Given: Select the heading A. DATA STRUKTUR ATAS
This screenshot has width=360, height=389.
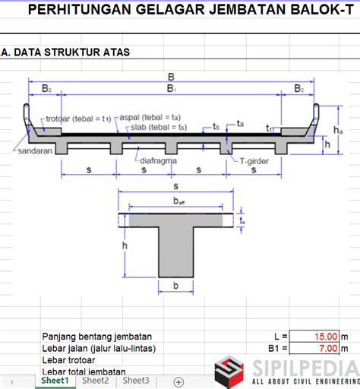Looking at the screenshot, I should (65, 52).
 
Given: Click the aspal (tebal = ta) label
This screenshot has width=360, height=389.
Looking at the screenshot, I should (150, 118).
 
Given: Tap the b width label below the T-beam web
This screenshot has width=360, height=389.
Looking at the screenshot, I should (175, 286).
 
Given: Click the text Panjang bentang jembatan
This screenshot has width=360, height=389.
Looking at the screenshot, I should (97, 336).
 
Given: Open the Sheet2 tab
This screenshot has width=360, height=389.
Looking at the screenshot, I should (95, 381).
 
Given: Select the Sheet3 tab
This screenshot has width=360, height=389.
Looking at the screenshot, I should (136, 381).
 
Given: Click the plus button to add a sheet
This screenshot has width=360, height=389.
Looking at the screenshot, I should (178, 381).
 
